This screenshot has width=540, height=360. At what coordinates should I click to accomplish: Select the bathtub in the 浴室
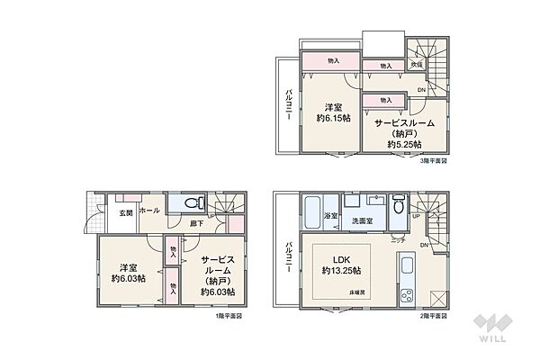coord(310,214)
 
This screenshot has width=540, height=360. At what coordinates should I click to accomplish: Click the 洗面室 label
coord(362,220)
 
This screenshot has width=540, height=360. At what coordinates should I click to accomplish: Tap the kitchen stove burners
coord(403,296)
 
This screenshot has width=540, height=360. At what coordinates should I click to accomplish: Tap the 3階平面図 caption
coord(432,162)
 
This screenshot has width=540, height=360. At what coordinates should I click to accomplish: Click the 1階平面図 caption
coord(228,316)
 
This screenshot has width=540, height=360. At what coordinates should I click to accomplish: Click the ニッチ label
coord(396,240)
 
